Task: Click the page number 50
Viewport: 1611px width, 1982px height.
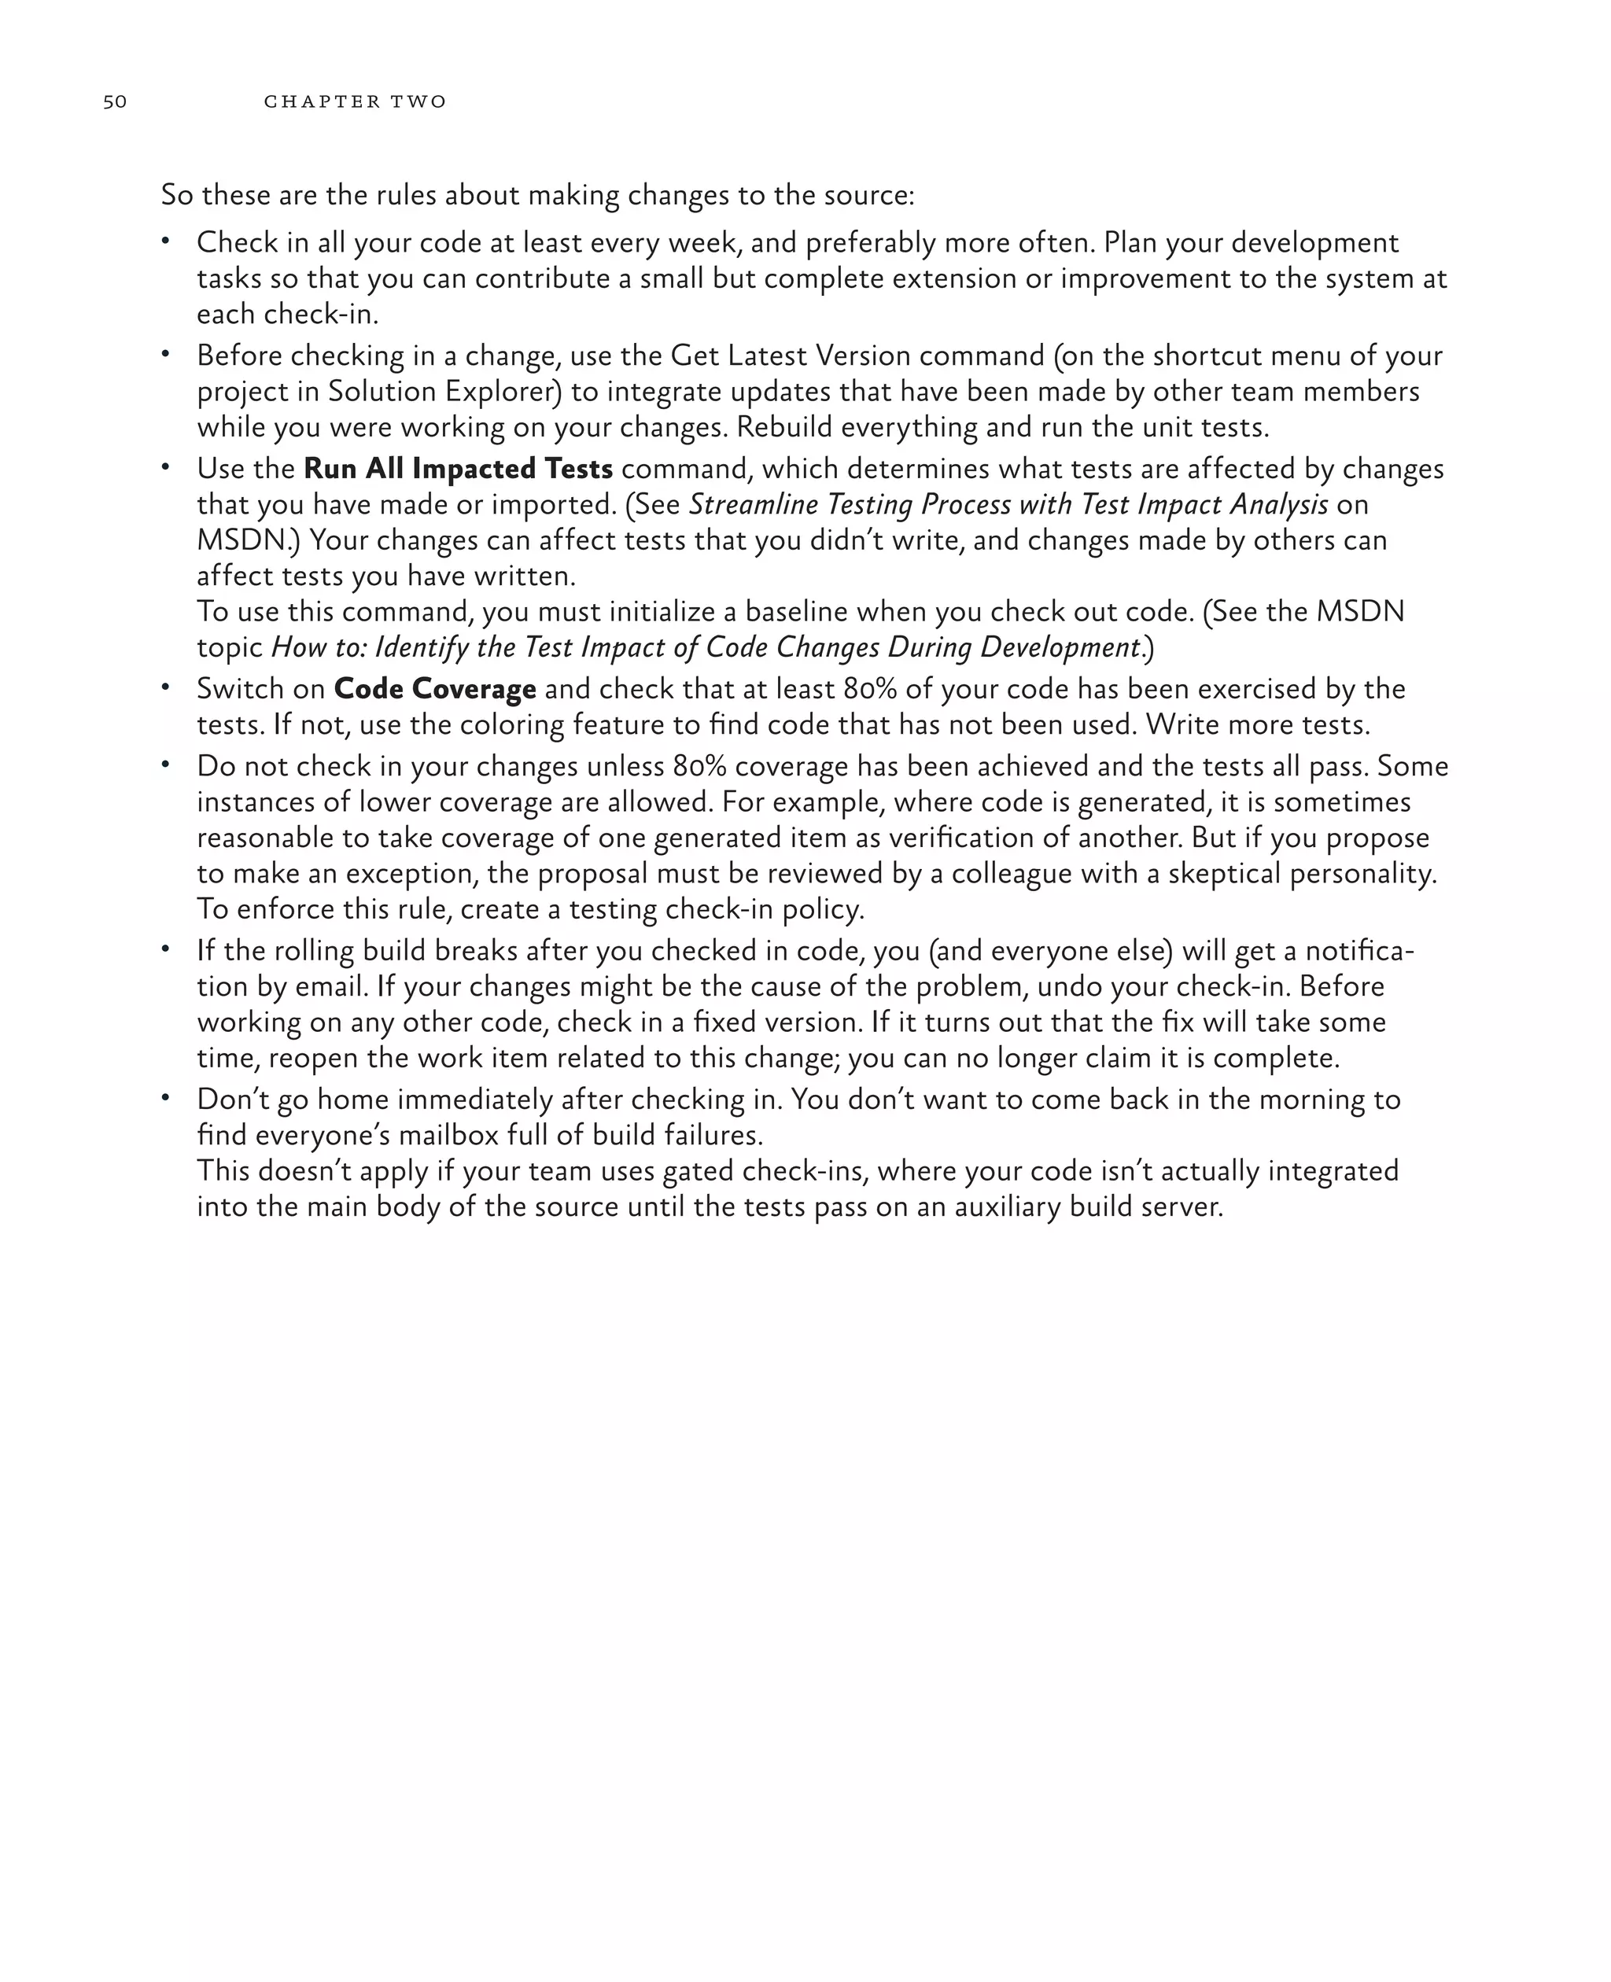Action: click(x=115, y=101)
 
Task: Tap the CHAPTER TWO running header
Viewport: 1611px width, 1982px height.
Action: click(x=355, y=101)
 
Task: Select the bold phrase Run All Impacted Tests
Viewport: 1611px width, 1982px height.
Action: click(x=458, y=469)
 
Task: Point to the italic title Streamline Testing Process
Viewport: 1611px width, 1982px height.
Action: click(x=1008, y=505)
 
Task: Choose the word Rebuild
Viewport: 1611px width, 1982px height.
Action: click(x=785, y=428)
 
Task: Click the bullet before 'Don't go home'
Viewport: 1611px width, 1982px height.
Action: click(x=165, y=1098)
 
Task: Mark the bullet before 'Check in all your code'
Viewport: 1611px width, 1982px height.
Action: click(x=165, y=241)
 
